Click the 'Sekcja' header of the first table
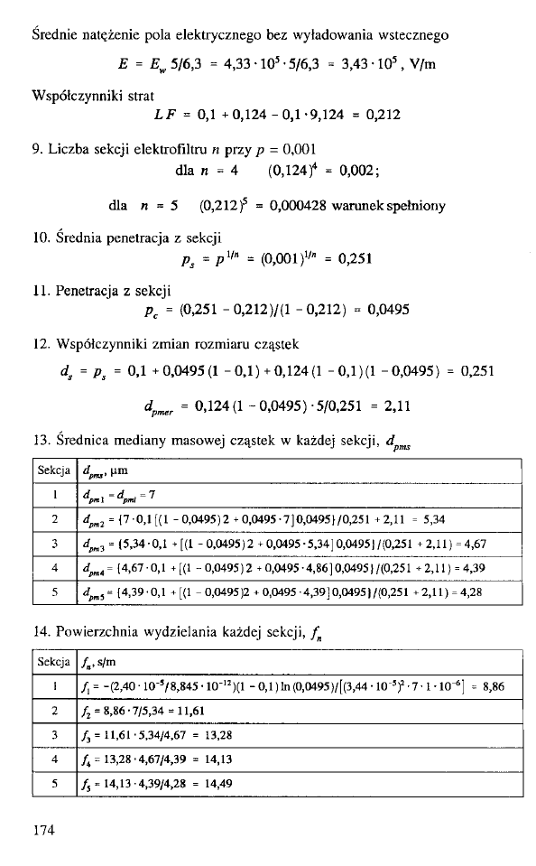54,469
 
